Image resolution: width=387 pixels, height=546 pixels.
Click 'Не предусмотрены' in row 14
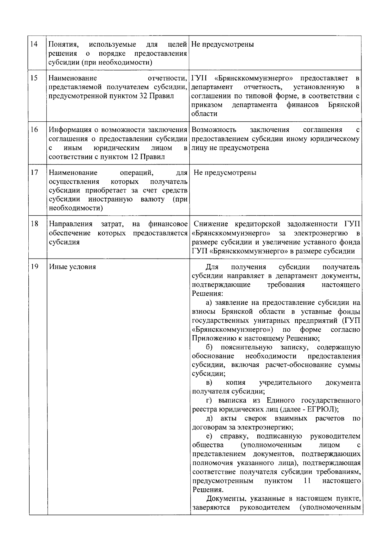223,44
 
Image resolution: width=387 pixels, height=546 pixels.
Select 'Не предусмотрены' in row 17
225,173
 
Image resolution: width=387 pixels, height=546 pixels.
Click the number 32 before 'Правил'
144,96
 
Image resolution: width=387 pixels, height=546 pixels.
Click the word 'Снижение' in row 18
211,224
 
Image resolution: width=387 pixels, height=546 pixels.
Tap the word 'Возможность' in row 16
214,130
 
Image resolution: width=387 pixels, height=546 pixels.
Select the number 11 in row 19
307,481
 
